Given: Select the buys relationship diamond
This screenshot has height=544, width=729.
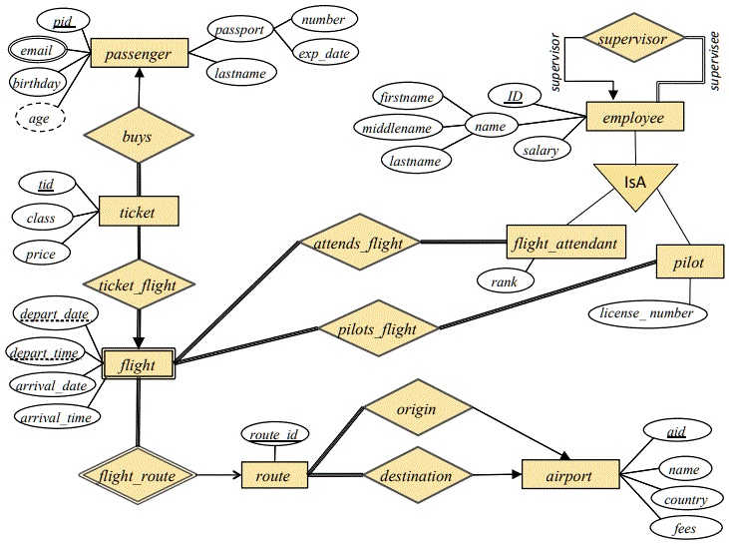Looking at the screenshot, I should [138, 136].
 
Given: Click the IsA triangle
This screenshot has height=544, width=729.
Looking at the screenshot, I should [635, 188].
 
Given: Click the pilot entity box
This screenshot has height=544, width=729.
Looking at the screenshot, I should [687, 264].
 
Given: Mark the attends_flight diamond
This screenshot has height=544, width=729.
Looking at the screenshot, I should [357, 242].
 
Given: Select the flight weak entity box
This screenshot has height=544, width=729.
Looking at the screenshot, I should [138, 365].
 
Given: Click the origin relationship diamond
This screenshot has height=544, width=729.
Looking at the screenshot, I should [416, 409].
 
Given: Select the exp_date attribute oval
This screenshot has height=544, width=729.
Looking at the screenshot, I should [323, 54].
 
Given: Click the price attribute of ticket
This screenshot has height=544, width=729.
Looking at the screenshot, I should [41, 254].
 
